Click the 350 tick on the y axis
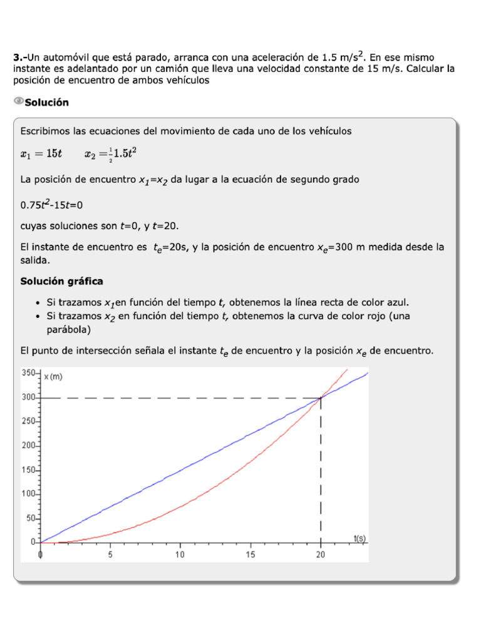click(30, 373)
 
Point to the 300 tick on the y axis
click(30, 397)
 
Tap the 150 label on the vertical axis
click(30, 470)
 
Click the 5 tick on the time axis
click(110, 554)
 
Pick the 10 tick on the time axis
click(180, 554)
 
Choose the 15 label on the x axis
click(251, 554)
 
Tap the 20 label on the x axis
click(321, 554)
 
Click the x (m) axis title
click(53, 377)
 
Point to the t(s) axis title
click(359, 538)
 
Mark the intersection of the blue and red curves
click(321, 397)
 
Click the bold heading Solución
click(46, 102)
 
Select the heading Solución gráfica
click(62, 281)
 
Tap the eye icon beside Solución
click(18, 101)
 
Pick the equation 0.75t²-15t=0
click(52, 204)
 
